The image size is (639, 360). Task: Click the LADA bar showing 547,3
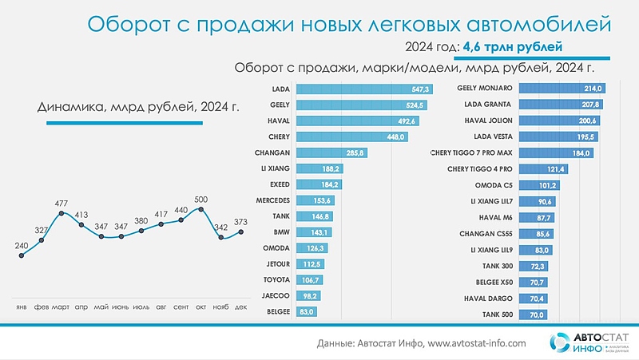tap(363, 89)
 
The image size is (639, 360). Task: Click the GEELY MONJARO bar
tap(563, 89)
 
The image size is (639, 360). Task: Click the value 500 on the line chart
tap(201, 199)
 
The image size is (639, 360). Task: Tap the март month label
tap(61, 307)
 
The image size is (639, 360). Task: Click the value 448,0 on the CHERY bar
tap(397, 136)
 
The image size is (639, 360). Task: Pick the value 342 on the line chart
tap(221, 250)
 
